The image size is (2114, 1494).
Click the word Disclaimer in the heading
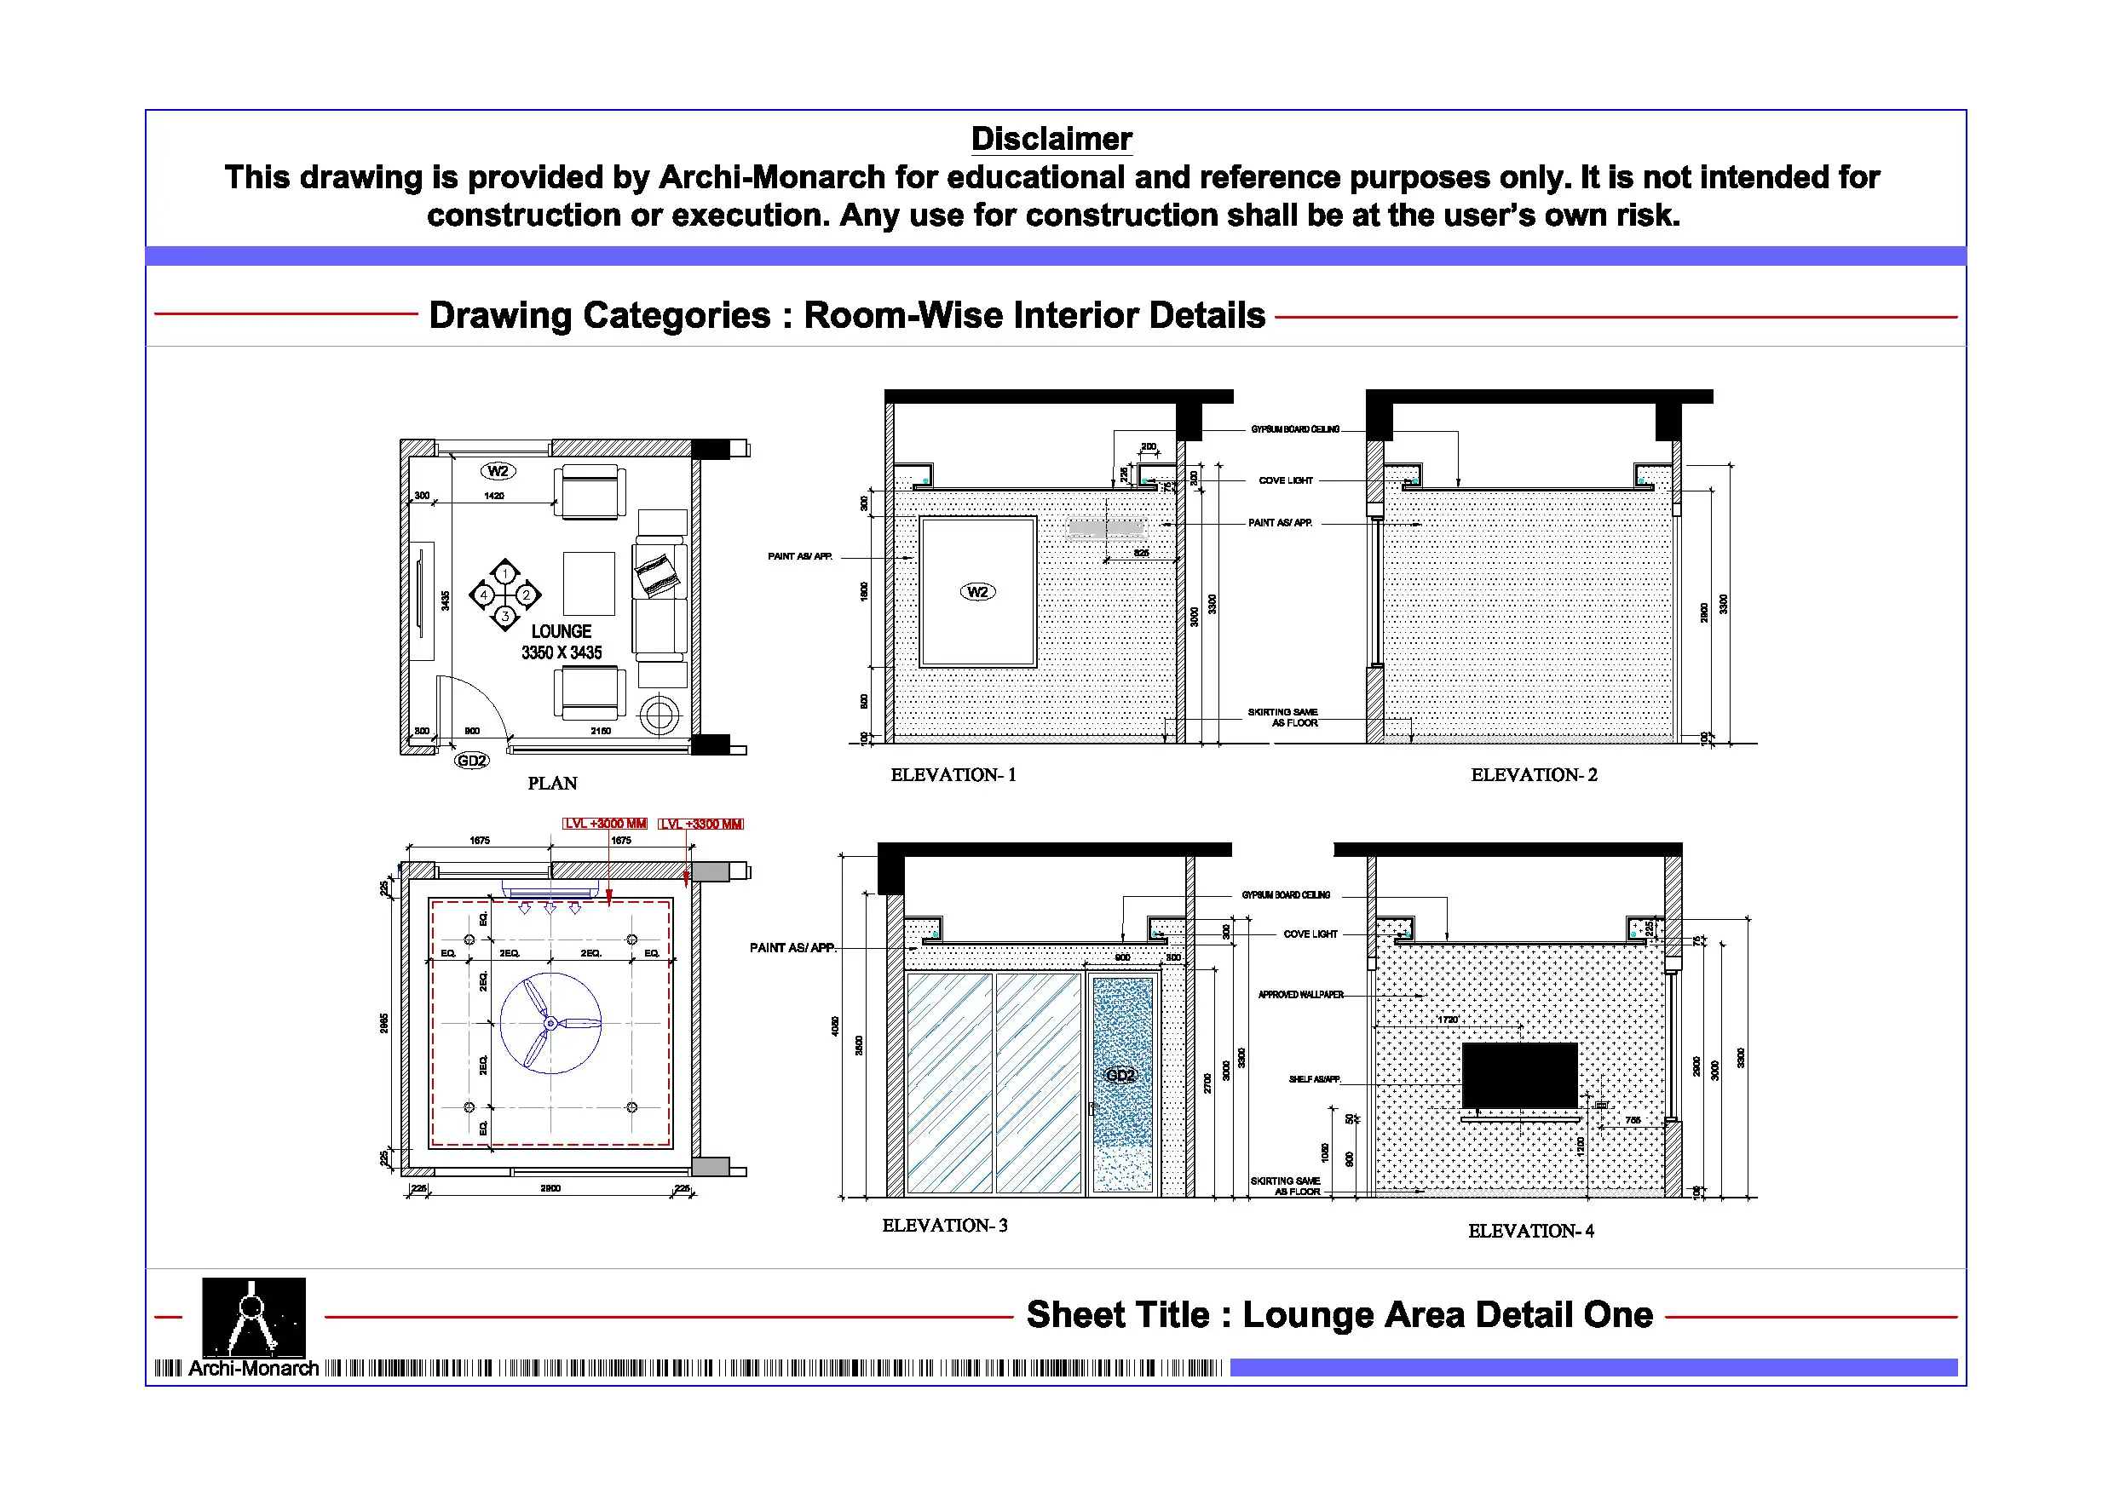click(1051, 139)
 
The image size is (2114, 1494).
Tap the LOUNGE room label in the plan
click(561, 631)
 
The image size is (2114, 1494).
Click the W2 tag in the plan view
click(498, 471)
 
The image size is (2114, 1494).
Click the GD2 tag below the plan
click(471, 761)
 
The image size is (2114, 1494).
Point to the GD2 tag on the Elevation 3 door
click(1120, 1075)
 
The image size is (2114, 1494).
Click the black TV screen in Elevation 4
click(1519, 1075)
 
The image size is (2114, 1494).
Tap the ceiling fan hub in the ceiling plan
click(550, 1023)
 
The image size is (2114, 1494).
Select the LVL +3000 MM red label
click(605, 824)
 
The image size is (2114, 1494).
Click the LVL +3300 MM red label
click(700, 824)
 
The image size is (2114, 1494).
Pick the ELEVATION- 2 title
click(1534, 775)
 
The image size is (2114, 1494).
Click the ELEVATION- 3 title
click(945, 1225)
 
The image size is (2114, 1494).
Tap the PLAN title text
click(552, 784)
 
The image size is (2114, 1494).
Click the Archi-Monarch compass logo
click(253, 1318)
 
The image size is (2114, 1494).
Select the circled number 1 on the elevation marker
click(504, 573)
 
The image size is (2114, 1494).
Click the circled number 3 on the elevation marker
click(504, 616)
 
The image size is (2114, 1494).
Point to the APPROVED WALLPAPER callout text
click(1300, 995)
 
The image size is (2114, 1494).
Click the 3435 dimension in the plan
click(446, 600)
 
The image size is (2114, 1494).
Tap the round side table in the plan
click(660, 714)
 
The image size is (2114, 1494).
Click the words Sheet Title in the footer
click(1117, 1314)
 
